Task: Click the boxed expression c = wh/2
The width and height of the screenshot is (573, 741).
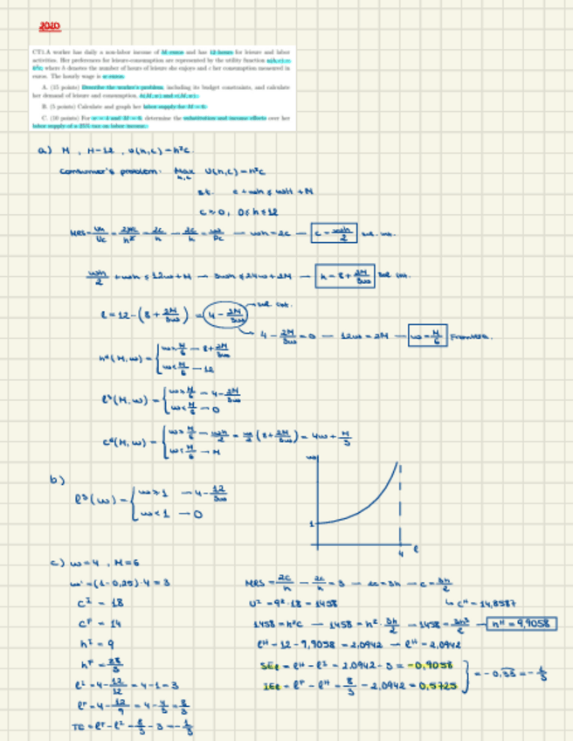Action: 333,233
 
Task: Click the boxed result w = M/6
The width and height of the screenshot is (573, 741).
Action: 421,334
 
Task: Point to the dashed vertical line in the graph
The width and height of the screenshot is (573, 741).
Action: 401,502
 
